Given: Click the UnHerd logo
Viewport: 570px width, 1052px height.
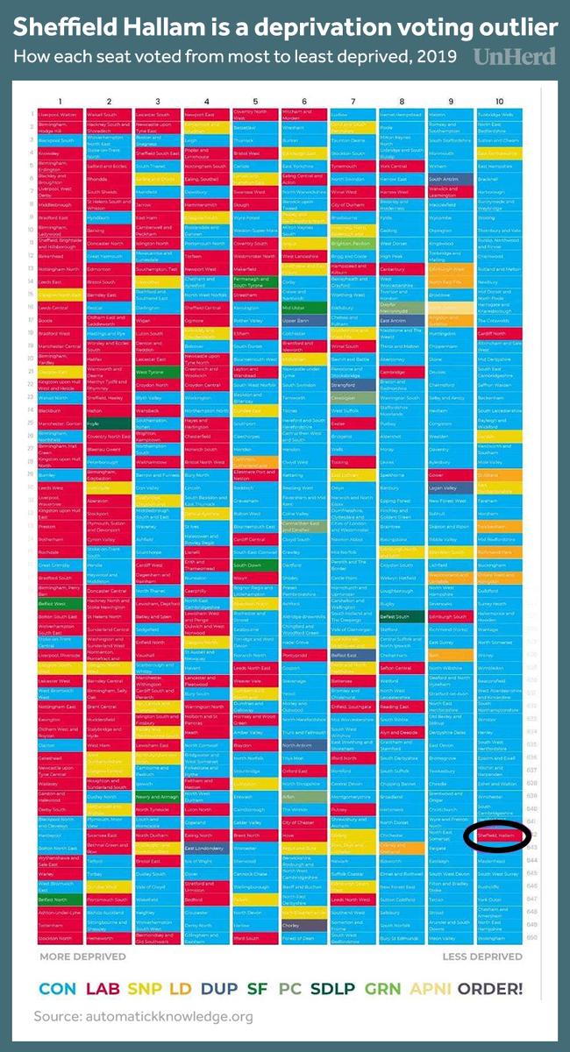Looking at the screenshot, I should coord(515,56).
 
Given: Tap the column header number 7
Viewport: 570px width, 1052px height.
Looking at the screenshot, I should coord(352,102).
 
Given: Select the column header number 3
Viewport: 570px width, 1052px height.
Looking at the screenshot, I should coord(157,102).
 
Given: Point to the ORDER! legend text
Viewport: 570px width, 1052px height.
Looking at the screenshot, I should coord(490,988).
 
